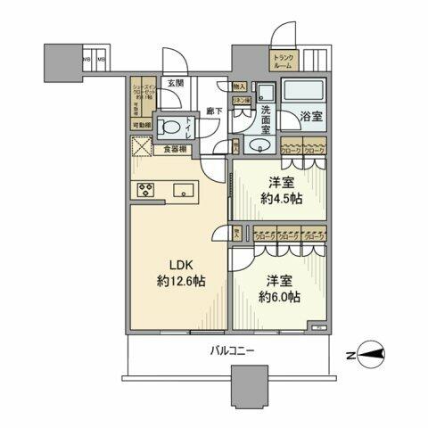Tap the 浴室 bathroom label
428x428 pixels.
(x=311, y=115)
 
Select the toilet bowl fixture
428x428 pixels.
(x=169, y=126)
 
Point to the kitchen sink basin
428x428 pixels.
(x=186, y=189)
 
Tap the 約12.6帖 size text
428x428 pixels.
(x=183, y=281)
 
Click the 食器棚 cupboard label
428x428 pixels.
(x=176, y=150)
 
